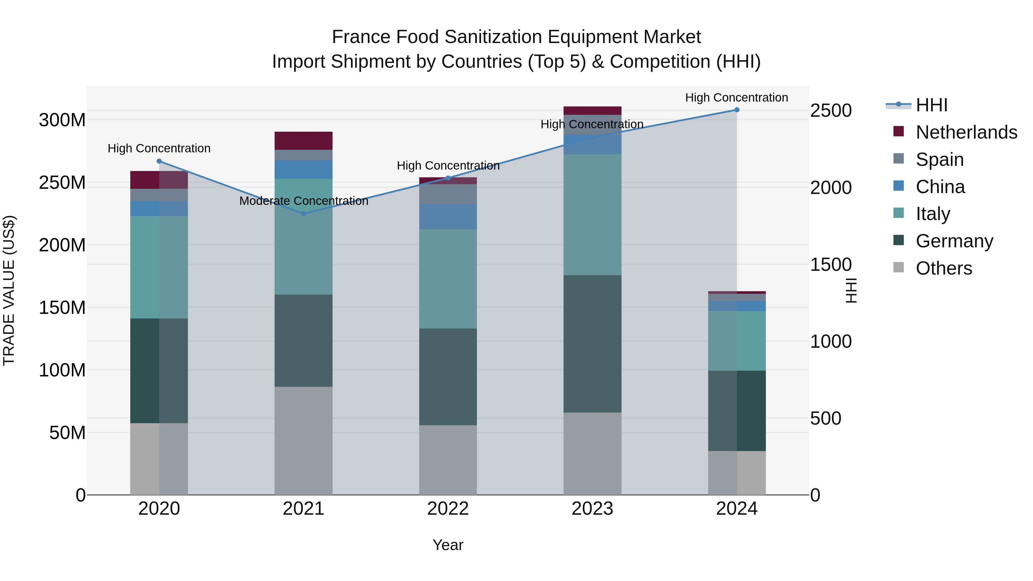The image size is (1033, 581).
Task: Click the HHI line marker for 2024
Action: click(x=737, y=110)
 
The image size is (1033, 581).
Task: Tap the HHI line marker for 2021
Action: click(x=304, y=214)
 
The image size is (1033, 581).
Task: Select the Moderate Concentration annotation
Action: click(x=304, y=201)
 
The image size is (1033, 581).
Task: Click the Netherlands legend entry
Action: click(x=966, y=132)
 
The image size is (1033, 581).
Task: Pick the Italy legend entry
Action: click(x=933, y=214)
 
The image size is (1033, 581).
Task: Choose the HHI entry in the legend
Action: click(x=931, y=105)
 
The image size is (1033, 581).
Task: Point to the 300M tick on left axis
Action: click(x=62, y=120)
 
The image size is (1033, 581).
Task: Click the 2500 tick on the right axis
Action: click(x=830, y=111)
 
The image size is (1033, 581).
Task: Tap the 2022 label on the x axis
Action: click(x=448, y=509)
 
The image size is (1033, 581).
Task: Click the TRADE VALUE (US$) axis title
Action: click(x=9, y=290)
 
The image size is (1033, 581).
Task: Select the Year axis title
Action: click(x=448, y=545)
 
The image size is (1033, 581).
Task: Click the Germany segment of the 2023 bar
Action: click(x=592, y=344)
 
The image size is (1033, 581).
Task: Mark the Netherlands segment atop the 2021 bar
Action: click(x=304, y=141)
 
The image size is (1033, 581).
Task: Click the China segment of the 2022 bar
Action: click(x=448, y=217)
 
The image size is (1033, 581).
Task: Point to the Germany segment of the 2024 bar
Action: click(x=737, y=411)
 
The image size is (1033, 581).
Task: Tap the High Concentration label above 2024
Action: click(x=736, y=98)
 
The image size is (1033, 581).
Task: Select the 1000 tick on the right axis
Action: click(x=830, y=342)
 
